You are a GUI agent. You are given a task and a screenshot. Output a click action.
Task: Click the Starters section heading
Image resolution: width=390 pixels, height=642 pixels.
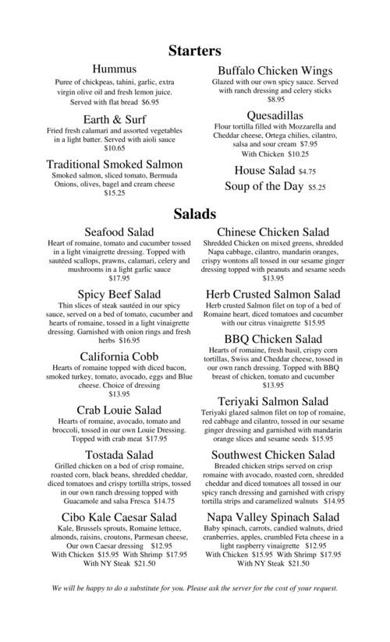click(195, 51)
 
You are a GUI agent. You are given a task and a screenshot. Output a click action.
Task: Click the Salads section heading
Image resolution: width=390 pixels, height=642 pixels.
click(195, 213)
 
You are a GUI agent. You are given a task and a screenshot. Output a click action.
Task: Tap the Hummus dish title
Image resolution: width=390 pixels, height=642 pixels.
click(115, 69)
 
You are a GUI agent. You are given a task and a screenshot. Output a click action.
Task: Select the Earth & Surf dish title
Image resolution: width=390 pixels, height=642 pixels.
click(115, 119)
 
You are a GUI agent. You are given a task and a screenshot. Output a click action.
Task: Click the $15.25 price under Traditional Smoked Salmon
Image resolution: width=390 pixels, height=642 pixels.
click(115, 192)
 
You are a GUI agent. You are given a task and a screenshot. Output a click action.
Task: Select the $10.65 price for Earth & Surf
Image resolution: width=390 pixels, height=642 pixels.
click(115, 148)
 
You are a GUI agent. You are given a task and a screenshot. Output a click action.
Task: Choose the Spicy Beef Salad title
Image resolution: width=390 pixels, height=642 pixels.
click(119, 295)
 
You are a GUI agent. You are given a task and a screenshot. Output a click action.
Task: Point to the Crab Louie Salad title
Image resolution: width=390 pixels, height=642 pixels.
click(119, 410)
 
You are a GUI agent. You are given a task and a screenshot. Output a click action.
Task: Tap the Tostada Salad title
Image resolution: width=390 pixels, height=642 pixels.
click(119, 454)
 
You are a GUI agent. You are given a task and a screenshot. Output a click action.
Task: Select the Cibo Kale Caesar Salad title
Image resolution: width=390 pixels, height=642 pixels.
click(119, 517)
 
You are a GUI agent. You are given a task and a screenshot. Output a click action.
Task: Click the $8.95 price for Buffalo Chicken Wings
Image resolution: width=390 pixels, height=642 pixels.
click(275, 100)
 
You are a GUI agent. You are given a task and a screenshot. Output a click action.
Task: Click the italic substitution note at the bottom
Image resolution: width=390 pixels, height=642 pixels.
click(195, 587)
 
